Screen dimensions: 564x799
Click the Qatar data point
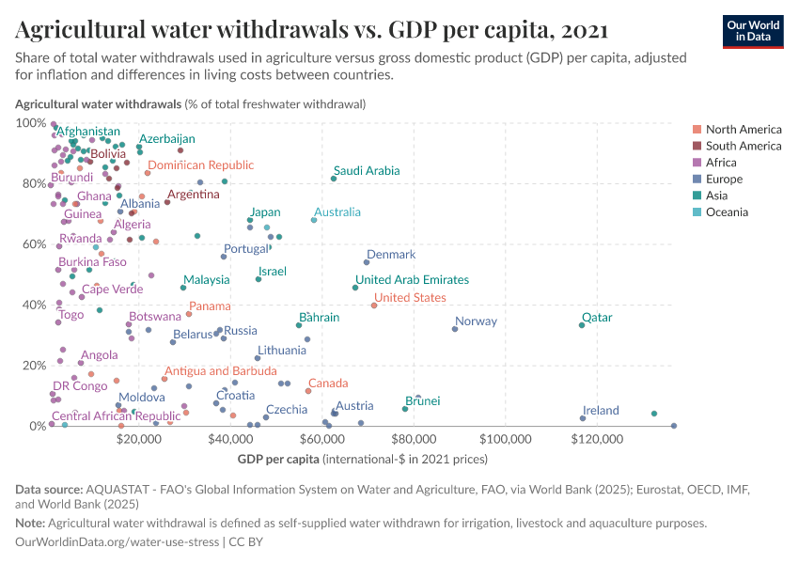pos(582,325)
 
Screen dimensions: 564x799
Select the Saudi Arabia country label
pos(367,171)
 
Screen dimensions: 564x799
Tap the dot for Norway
pos(456,328)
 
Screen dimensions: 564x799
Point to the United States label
pos(410,297)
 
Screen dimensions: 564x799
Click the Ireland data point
pos(583,418)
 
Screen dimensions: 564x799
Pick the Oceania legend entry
pos(727,212)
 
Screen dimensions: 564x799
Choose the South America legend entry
pos(743,146)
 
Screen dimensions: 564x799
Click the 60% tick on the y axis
pos(32,244)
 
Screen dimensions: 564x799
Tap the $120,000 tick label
pos(599,439)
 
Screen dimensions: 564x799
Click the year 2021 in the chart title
pos(582,31)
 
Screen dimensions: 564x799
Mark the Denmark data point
pos(367,262)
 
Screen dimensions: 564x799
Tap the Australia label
pos(337,212)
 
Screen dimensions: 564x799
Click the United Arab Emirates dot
pos(355,288)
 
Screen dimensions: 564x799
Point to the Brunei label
pos(423,401)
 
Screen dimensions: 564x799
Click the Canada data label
pos(328,384)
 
